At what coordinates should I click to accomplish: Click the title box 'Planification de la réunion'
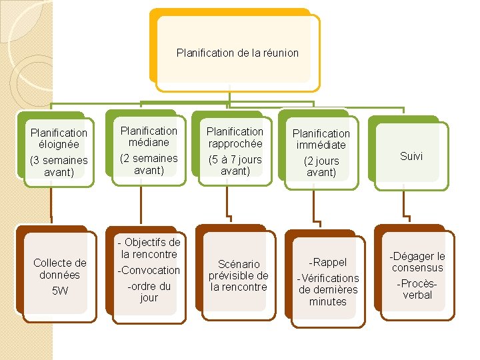click(237, 52)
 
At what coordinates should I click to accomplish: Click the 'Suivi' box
click(411, 156)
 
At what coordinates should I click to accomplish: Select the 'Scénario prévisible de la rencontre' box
click(238, 275)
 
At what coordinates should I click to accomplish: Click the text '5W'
click(59, 291)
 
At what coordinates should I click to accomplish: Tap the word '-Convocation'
click(149, 270)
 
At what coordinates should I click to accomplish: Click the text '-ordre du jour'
click(149, 292)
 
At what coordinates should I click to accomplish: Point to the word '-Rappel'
click(328, 262)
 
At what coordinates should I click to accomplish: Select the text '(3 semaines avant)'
click(59, 166)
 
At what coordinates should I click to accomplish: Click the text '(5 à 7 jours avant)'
click(235, 165)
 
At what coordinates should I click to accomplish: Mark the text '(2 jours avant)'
click(321, 167)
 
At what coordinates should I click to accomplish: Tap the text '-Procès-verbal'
click(417, 289)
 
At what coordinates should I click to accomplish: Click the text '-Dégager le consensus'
click(417, 262)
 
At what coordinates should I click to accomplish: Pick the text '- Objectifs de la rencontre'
click(149, 248)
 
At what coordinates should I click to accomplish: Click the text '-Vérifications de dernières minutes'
click(328, 289)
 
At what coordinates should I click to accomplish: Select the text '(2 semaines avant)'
click(149, 164)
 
